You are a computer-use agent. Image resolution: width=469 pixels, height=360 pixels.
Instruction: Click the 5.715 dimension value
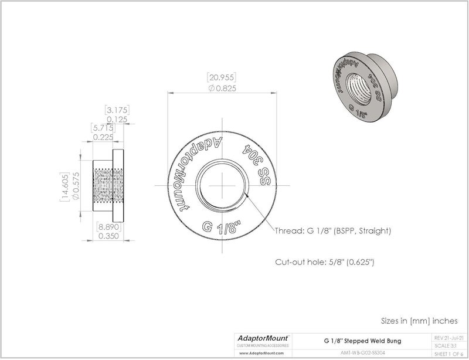click(x=103, y=127)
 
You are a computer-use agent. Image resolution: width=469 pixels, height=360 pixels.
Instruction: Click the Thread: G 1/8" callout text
click(x=333, y=231)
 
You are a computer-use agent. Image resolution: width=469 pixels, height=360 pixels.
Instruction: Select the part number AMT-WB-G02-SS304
click(x=362, y=354)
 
